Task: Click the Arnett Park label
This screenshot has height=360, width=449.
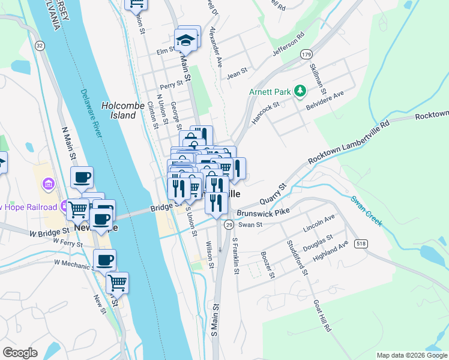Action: point(269,92)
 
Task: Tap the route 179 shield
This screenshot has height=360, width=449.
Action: point(306,54)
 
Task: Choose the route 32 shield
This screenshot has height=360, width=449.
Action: point(40,46)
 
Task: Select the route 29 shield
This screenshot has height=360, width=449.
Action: point(229,224)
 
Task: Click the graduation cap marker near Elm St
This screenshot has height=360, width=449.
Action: point(186,41)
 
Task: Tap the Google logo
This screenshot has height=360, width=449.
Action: point(20,353)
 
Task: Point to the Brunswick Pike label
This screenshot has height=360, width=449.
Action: point(263,212)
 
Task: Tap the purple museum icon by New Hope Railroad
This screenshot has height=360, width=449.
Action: point(49,182)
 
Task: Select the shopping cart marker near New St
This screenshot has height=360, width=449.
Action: point(118,282)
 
